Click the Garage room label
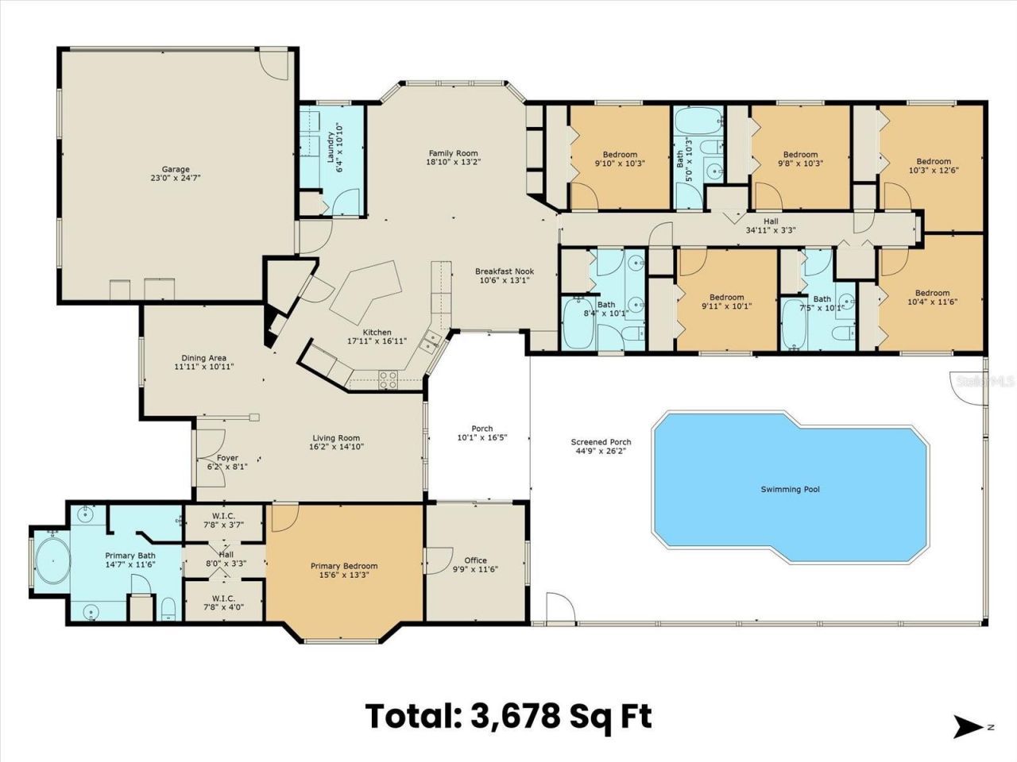point(176,169)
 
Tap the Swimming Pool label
point(789,489)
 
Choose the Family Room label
point(454,153)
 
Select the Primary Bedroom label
point(343,566)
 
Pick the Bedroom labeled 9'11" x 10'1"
point(726,297)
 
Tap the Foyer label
point(227,458)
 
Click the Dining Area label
point(203,358)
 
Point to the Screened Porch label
point(601,442)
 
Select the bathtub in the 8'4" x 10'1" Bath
point(577,324)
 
